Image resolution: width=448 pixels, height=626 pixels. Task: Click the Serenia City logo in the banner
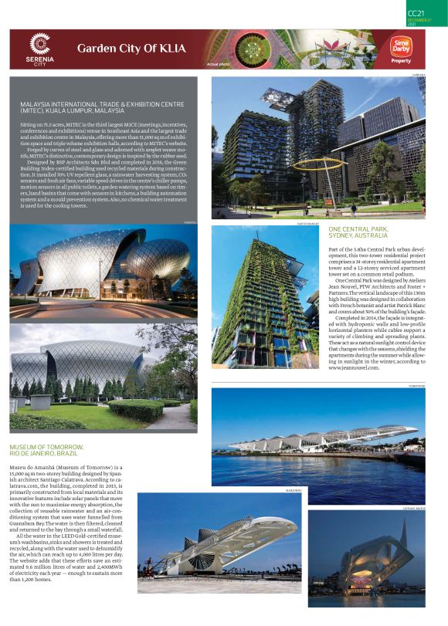(39, 49)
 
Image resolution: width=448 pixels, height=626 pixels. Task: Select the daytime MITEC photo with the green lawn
(104, 379)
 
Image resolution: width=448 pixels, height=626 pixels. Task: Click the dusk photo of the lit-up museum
(377, 557)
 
